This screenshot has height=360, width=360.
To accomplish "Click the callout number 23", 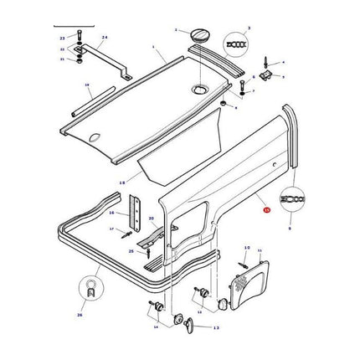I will (x=62, y=39).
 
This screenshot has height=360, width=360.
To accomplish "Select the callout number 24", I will (x=105, y=39).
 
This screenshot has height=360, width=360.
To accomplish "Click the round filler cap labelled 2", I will (x=200, y=35).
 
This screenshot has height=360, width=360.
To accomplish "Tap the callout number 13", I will (x=216, y=328).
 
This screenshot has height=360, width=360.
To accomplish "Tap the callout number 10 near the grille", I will (x=247, y=248).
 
